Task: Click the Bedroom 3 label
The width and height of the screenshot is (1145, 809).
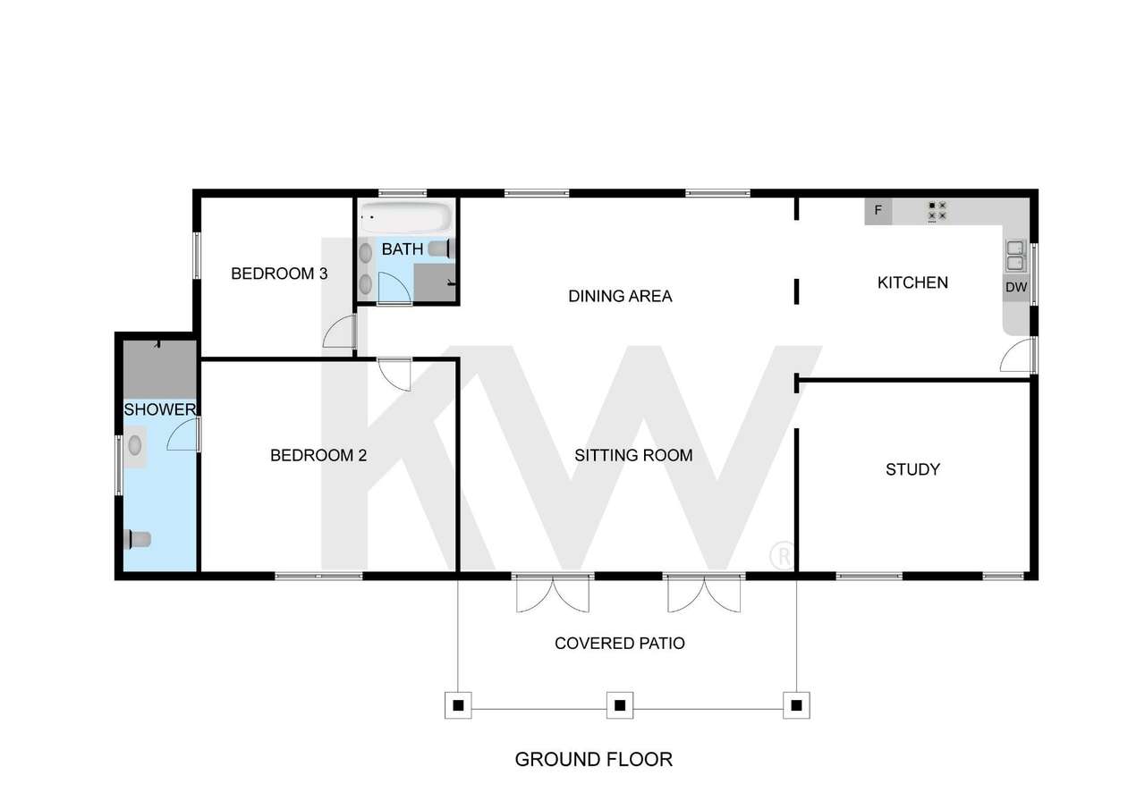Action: (278, 274)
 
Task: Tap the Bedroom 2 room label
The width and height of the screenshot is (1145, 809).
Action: (318, 455)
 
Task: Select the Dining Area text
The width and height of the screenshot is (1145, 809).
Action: (620, 296)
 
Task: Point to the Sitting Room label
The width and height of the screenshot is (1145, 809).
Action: (633, 455)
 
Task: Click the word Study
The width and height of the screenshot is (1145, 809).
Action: (912, 469)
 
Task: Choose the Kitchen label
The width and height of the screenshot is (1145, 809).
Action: (912, 282)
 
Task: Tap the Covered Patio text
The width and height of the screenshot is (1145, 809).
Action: (620, 643)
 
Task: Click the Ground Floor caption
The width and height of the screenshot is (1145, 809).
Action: (593, 760)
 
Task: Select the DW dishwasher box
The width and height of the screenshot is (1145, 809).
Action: (1016, 288)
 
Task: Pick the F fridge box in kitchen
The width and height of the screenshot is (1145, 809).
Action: (878, 211)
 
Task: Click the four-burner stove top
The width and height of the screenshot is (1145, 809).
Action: (937, 211)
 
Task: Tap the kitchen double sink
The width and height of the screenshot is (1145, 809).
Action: (1015, 256)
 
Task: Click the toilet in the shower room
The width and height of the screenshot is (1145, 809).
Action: (139, 538)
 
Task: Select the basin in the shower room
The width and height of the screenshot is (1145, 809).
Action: (136, 444)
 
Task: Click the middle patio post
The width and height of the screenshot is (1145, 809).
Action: (619, 705)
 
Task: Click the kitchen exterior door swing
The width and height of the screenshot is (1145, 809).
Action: (1017, 356)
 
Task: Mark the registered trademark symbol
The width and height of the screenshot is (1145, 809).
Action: (781, 555)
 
